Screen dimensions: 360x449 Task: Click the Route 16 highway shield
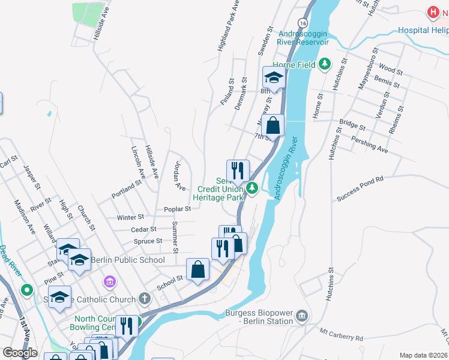(303, 23)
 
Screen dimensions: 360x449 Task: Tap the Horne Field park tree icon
(325, 63)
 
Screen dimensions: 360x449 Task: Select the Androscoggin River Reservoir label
(303, 38)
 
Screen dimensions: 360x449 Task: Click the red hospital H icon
(432, 11)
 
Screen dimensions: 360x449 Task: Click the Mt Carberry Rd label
(341, 335)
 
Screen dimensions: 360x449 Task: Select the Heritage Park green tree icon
(253, 188)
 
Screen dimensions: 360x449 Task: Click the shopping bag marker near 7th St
(273, 126)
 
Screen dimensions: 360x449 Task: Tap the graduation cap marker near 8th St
(274, 77)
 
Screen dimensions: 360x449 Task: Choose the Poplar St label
(177, 209)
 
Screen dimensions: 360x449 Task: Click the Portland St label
(126, 188)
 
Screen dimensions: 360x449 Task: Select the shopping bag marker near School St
(198, 269)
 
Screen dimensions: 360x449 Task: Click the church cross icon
(144, 298)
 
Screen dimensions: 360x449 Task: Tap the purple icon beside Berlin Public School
(109, 281)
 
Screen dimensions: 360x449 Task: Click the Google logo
(20, 353)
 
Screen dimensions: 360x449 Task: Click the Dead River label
(10, 260)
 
